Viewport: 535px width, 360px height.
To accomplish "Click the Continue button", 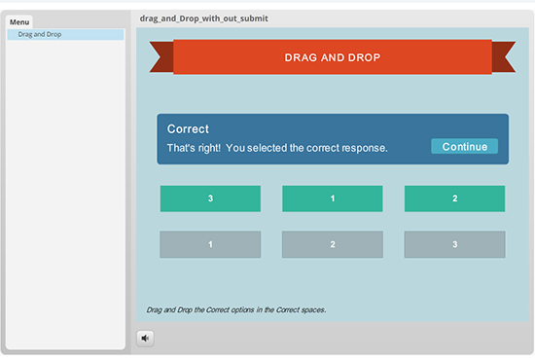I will click(x=464, y=147).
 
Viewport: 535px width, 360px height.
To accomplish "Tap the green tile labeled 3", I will click(x=210, y=198).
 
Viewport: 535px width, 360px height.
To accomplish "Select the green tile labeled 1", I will click(x=333, y=198).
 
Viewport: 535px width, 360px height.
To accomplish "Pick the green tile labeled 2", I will click(x=454, y=198).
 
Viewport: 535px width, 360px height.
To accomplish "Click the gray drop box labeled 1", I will click(x=210, y=244).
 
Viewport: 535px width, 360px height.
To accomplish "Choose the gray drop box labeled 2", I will click(x=333, y=244).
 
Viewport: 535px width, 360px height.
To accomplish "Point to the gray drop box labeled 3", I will click(x=454, y=244).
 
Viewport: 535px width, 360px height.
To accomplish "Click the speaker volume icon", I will click(x=145, y=339).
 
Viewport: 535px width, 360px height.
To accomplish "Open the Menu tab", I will click(x=19, y=21).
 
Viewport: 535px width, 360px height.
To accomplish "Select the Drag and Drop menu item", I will click(x=40, y=34).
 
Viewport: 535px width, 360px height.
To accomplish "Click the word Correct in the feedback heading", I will click(x=188, y=128).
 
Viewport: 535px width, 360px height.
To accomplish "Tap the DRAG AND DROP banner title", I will click(x=332, y=58).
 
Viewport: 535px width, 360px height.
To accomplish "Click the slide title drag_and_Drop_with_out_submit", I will click(x=204, y=18).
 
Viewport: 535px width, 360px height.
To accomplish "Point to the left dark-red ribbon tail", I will click(x=160, y=58).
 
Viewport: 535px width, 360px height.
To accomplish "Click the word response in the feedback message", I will click(x=366, y=148).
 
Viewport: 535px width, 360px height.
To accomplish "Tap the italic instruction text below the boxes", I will click(x=235, y=309).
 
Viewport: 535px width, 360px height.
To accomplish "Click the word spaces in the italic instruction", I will click(x=310, y=309).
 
